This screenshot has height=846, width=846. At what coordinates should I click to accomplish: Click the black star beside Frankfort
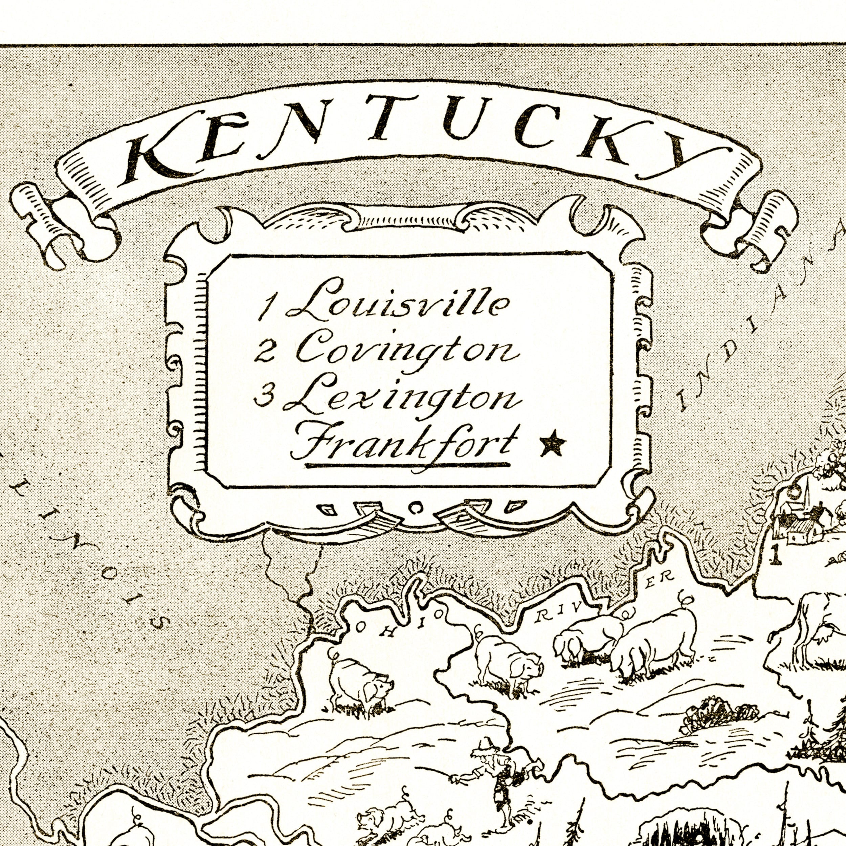(553, 443)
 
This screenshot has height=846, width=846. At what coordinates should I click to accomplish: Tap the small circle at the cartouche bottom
(414, 507)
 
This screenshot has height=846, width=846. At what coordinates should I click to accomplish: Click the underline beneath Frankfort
(407, 465)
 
